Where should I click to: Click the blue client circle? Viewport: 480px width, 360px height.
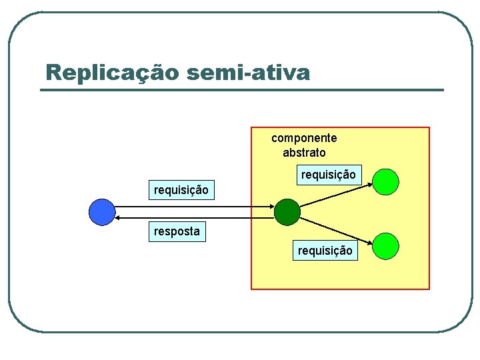point(102,212)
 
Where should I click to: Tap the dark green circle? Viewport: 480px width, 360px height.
point(287,211)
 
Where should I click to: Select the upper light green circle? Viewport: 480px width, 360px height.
point(385,181)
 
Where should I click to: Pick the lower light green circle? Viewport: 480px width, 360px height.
point(385,245)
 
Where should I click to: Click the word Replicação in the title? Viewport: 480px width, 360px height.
point(112,72)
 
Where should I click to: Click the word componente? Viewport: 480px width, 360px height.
point(304,138)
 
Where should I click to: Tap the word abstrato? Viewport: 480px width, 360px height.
point(304,153)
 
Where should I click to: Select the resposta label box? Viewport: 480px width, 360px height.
point(177,231)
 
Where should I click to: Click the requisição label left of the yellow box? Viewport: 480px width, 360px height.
point(181,190)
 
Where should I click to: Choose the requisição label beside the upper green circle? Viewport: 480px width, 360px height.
point(328,175)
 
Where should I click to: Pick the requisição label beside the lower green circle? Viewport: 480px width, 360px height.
point(325,251)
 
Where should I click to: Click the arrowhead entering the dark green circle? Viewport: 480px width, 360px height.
point(271,207)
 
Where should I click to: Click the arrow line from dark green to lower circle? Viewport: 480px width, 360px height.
point(333,228)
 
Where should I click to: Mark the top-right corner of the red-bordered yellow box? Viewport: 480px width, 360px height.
point(429,127)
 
